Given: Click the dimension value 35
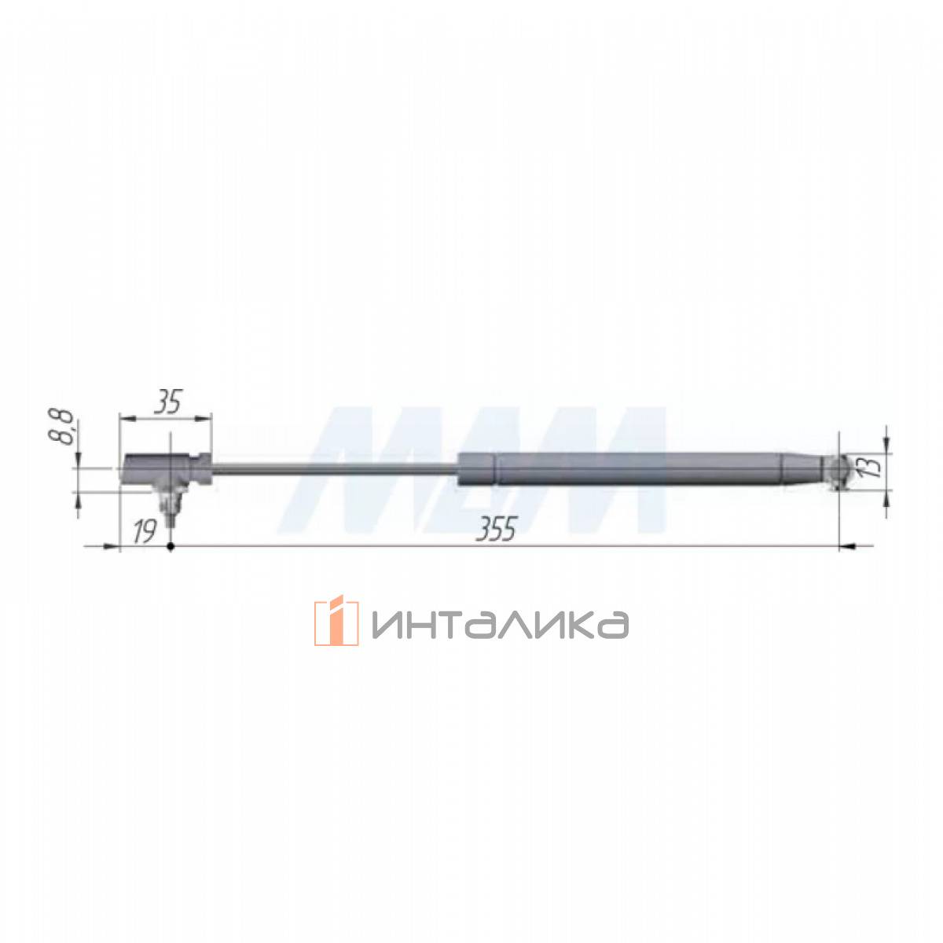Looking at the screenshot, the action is (167, 402).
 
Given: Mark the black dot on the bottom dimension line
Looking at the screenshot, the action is (171, 546).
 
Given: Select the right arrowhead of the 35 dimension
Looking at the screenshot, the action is (204, 418).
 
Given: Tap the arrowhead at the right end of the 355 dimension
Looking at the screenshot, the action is (848, 546).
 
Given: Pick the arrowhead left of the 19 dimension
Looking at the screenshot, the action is (112, 546).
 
